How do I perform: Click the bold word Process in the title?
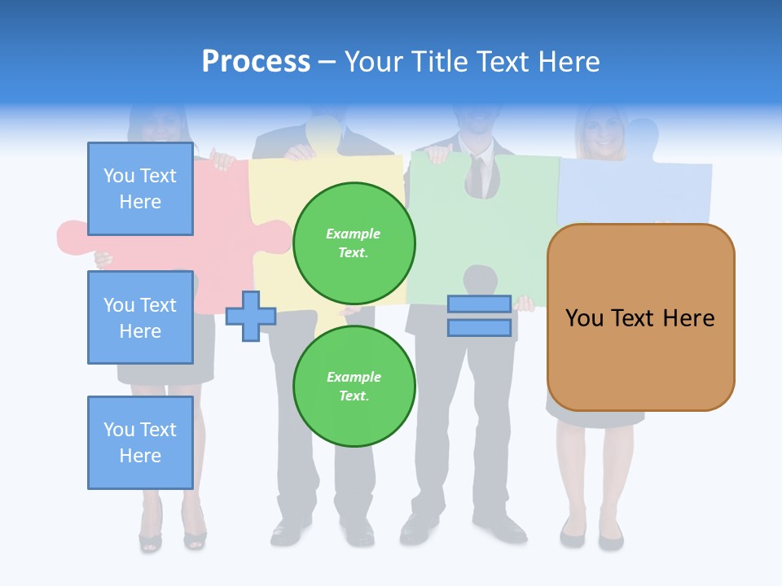[x=256, y=61]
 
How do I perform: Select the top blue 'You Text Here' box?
[x=140, y=189]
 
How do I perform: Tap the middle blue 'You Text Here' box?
[x=140, y=317]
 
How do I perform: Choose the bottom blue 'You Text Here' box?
[x=140, y=443]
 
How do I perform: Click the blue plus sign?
[x=251, y=316]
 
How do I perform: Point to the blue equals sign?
[x=479, y=316]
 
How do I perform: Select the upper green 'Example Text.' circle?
[x=354, y=243]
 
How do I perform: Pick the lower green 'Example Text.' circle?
[x=354, y=387]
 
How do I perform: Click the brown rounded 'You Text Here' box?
[x=640, y=317]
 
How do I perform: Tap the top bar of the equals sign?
[x=479, y=304]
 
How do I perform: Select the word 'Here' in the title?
[x=569, y=61]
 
